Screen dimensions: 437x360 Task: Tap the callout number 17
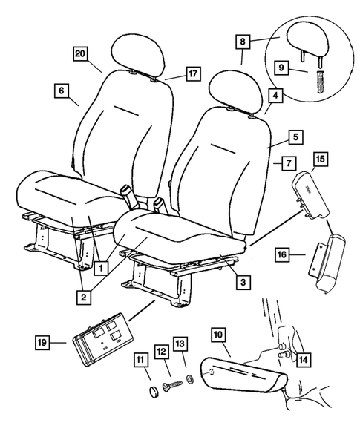192,73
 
